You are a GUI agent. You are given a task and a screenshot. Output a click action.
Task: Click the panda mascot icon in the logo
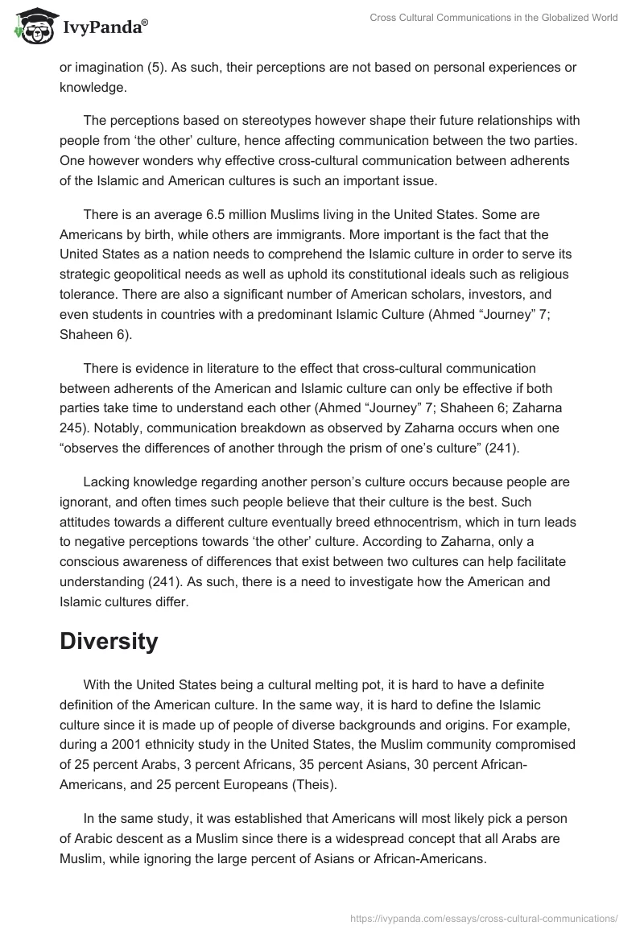pyautogui.click(x=30, y=27)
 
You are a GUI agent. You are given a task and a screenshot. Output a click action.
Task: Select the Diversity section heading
pyautogui.click(x=109, y=642)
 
